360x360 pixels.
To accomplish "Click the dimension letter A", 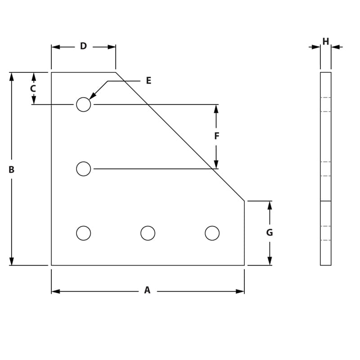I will (147, 291).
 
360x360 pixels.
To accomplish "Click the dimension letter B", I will (12, 170).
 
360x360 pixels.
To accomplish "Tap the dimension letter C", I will (33, 89).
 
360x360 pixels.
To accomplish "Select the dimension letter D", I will (83, 46).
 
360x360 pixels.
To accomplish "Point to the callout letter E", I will (148, 81).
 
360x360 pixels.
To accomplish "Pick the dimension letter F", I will (216, 136).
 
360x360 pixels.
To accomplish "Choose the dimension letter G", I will (270, 233).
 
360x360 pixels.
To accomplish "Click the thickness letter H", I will (326, 42).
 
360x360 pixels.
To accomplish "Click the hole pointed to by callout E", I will (83, 104).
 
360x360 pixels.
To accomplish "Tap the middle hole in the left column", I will (83, 169).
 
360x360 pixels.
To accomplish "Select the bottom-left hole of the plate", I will (83, 233).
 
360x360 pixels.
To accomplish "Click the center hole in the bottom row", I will (148, 233).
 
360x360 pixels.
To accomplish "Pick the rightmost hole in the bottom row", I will (212, 233).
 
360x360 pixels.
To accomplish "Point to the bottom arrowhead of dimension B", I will (12, 261).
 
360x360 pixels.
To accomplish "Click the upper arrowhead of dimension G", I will (270, 205).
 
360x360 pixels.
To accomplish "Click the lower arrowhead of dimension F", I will (216, 164).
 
